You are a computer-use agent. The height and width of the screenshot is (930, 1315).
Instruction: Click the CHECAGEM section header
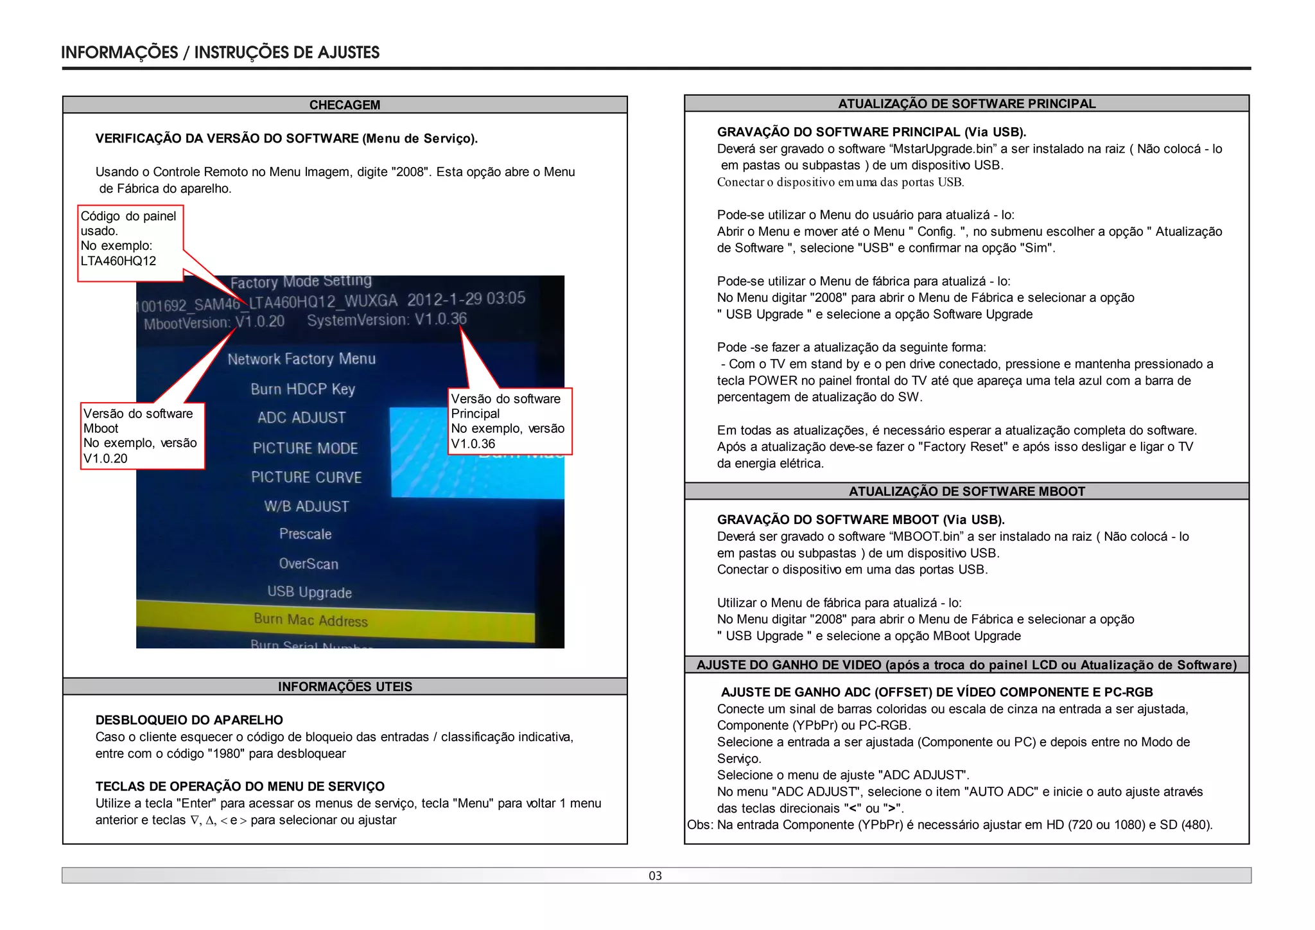(345, 105)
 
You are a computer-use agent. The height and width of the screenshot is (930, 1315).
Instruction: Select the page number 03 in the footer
(655, 875)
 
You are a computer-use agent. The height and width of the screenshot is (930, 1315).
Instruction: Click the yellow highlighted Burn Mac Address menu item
(311, 620)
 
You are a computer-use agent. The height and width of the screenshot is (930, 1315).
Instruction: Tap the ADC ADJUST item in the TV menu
(302, 417)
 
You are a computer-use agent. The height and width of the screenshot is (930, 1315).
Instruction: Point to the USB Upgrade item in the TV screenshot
(309, 592)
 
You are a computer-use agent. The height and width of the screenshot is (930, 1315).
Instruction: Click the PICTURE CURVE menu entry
(306, 477)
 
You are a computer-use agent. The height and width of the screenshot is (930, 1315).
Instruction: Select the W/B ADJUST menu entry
(306, 506)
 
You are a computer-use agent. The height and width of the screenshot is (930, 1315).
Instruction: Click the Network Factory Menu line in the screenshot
(301, 358)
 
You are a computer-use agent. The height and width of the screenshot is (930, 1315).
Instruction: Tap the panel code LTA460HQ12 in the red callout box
(118, 261)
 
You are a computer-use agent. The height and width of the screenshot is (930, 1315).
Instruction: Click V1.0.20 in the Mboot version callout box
(105, 459)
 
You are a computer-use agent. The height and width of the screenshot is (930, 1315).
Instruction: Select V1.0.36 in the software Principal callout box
(473, 444)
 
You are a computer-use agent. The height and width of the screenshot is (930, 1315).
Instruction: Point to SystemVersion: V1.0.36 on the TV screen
(387, 319)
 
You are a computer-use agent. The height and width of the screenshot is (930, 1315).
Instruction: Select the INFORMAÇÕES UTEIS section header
(345, 687)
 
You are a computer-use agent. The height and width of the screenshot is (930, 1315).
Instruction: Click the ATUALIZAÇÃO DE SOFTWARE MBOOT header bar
(966, 491)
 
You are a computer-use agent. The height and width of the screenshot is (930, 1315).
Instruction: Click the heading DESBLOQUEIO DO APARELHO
(189, 720)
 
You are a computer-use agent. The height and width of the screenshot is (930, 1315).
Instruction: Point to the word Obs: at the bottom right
(700, 825)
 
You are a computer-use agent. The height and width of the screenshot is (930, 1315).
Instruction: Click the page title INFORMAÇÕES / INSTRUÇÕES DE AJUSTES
(220, 52)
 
